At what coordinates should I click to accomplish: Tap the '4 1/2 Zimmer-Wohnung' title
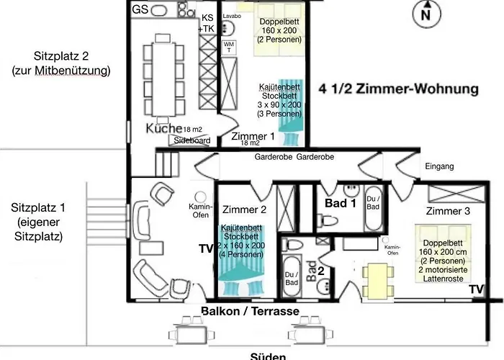pyautogui.click(x=399, y=90)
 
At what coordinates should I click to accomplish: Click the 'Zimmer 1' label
pyautogui.click(x=252, y=136)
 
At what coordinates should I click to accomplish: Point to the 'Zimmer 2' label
pyautogui.click(x=244, y=210)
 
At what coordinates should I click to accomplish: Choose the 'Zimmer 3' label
pyautogui.click(x=448, y=211)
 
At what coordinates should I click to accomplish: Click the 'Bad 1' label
pyautogui.click(x=341, y=204)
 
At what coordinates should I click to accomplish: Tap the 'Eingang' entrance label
pyautogui.click(x=439, y=166)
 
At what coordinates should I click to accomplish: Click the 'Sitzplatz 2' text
pyautogui.click(x=61, y=63)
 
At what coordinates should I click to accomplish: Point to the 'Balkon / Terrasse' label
pyautogui.click(x=251, y=311)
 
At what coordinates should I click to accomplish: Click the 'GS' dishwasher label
pyautogui.click(x=140, y=9)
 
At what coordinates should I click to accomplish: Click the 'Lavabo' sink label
pyautogui.click(x=232, y=15)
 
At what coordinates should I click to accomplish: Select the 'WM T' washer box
pyautogui.click(x=229, y=47)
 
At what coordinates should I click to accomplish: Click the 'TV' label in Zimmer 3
pyautogui.click(x=475, y=288)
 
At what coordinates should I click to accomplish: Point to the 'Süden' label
pyautogui.click(x=269, y=356)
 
